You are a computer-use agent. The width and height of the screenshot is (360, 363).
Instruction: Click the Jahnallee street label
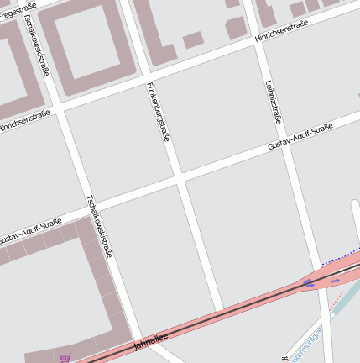151,339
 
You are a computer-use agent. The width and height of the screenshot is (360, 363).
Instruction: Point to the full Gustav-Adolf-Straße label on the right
300,135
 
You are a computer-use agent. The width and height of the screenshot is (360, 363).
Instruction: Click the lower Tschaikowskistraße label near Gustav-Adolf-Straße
99,225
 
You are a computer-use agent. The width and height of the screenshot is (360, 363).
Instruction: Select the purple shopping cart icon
65,358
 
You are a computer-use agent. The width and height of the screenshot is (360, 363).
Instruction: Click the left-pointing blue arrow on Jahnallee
310,284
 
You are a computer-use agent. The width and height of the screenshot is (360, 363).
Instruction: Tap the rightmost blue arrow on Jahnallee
337,281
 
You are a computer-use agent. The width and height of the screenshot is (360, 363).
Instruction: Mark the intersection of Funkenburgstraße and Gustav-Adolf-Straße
179,179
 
